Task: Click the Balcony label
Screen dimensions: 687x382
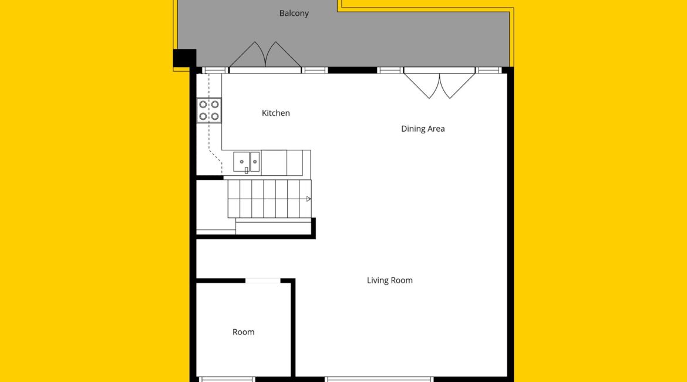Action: click(294, 14)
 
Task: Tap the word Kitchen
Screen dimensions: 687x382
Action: click(275, 113)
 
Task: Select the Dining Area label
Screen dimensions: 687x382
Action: click(423, 129)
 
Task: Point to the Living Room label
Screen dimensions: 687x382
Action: click(389, 281)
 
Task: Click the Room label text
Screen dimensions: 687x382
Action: click(243, 332)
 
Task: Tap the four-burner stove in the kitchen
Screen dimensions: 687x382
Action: click(209, 110)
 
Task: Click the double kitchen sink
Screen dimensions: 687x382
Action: click(246, 162)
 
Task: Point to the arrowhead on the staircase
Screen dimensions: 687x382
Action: click(308, 199)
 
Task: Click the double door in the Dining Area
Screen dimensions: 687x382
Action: click(439, 84)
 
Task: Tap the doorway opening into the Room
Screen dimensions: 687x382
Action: click(263, 281)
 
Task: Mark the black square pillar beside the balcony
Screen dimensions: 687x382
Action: click(184, 58)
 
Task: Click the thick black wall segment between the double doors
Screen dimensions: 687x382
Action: click(352, 70)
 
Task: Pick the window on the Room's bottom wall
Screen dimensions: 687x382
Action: click(227, 379)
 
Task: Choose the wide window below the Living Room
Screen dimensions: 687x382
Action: click(379, 379)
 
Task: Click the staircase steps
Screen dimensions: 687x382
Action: click(270, 199)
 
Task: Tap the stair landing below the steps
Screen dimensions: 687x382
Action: click(274, 226)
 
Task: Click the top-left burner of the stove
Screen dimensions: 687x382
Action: click(203, 105)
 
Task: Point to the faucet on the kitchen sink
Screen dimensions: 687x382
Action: click(246, 170)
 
